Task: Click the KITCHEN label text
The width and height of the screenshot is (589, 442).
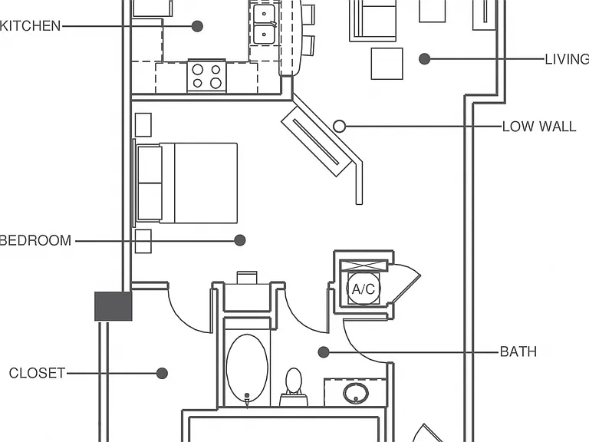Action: (30, 26)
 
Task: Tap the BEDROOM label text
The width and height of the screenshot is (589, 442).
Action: (36, 240)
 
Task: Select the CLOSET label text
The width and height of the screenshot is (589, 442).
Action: (37, 373)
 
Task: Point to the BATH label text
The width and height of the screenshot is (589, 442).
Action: (518, 351)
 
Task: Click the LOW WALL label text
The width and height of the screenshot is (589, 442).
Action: (539, 127)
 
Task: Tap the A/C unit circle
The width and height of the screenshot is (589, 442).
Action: (364, 289)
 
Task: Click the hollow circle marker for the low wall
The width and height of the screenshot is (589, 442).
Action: (339, 127)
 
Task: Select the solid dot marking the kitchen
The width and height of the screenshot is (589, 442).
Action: (197, 26)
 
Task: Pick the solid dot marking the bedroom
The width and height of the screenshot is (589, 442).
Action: (239, 240)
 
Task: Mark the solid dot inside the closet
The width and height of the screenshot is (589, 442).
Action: (162, 373)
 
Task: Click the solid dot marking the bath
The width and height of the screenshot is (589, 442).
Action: (324, 352)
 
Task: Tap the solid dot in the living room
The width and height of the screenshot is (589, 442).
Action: (424, 59)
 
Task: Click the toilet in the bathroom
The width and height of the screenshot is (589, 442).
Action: (294, 387)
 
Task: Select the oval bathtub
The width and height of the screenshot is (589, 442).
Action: (247, 368)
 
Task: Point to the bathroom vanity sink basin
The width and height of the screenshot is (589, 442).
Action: (356, 393)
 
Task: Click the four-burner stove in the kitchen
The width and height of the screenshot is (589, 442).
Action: (206, 76)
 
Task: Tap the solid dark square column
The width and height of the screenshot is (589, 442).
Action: (113, 306)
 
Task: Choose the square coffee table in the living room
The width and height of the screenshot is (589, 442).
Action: (387, 64)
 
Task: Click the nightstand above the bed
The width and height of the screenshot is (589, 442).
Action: (143, 125)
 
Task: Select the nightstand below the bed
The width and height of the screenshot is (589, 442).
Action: (143, 241)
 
